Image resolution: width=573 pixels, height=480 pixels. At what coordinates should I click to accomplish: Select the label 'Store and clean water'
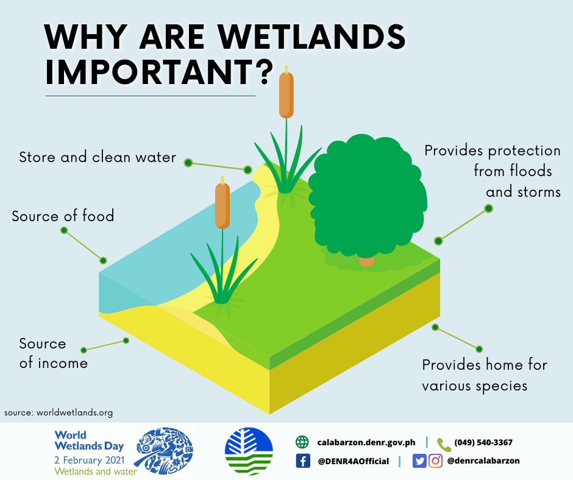click(98, 158)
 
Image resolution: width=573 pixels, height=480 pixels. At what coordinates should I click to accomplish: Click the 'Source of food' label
click(63, 216)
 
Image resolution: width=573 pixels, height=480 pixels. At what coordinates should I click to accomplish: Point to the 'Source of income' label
click(53, 353)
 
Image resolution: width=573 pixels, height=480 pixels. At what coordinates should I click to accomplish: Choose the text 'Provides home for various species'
click(485, 375)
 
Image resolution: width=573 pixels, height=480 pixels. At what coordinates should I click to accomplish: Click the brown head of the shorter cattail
click(222, 206)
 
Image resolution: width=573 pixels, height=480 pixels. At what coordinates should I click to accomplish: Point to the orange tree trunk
click(366, 261)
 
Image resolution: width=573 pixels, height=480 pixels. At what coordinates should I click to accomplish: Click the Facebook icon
click(303, 461)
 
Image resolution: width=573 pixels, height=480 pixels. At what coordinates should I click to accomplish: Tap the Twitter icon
click(419, 461)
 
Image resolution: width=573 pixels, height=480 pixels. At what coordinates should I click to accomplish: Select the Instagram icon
click(435, 461)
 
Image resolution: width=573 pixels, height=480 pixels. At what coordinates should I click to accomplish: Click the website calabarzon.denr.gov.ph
click(366, 443)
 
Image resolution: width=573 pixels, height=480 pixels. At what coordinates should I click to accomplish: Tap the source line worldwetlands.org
click(59, 412)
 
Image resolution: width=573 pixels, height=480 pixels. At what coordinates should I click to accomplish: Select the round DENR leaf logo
click(249, 451)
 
